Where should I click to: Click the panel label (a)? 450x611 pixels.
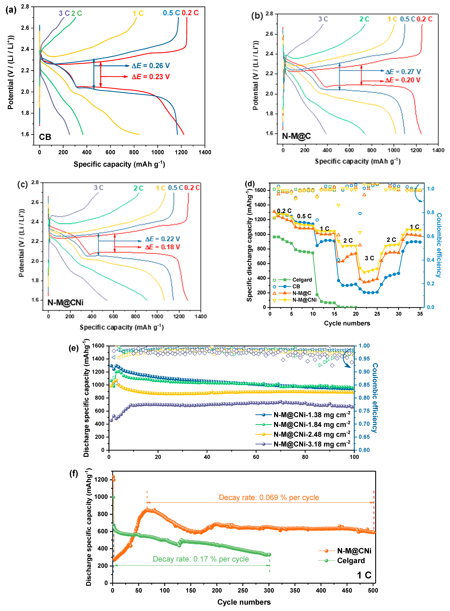click(11, 10)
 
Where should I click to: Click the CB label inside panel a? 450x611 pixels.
click(45, 137)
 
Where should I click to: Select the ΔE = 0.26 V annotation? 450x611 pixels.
click(151, 66)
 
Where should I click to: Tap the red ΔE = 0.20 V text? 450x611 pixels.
click(403, 80)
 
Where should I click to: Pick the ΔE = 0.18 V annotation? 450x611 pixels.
click(162, 247)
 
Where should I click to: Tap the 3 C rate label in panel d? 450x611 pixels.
click(369, 258)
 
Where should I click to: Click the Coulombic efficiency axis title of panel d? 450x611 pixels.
click(439, 245)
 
